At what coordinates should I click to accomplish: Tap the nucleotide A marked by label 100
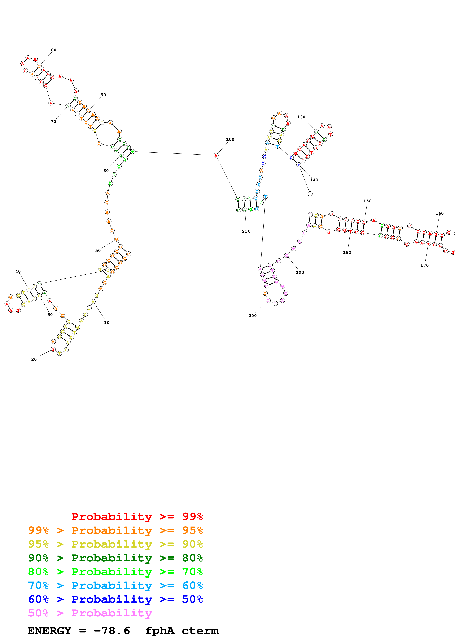216,155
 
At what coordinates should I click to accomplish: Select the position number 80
54,50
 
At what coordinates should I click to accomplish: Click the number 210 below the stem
246,231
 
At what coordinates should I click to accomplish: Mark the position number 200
252,316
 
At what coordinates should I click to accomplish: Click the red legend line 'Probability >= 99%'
137,517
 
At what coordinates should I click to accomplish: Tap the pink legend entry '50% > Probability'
90,613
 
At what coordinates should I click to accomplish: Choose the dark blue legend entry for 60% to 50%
115,599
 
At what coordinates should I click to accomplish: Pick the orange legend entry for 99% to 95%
115,530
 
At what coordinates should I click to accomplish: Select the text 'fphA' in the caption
160,631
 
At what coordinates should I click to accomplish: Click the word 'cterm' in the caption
200,631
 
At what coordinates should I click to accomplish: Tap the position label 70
53,122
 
